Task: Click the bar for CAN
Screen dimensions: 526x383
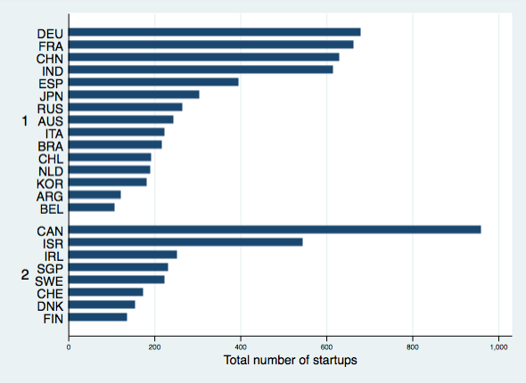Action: pyautogui.click(x=275, y=230)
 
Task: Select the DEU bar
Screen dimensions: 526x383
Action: pyautogui.click(x=215, y=32)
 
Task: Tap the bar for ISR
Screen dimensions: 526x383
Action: pyautogui.click(x=185, y=242)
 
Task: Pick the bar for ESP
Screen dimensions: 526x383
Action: pyautogui.click(x=153, y=82)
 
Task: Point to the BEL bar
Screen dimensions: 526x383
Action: pyautogui.click(x=92, y=208)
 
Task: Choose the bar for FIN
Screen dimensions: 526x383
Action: pyautogui.click(x=98, y=317)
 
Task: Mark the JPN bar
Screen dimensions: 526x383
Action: pyautogui.click(x=134, y=94)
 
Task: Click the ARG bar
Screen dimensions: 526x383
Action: pyautogui.click(x=95, y=195)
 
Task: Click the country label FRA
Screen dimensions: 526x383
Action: pyautogui.click(x=51, y=46)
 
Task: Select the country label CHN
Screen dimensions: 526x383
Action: pyautogui.click(x=50, y=59)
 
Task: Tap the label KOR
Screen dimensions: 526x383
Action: pyautogui.click(x=50, y=184)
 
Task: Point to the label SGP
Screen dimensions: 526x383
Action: pyautogui.click(x=50, y=269)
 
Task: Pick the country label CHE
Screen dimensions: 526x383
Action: pyautogui.click(x=50, y=294)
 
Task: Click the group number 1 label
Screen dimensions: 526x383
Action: pyautogui.click(x=25, y=121)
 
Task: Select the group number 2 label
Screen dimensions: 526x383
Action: pyautogui.click(x=25, y=275)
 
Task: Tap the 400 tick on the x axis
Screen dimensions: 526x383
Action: pyautogui.click(x=241, y=347)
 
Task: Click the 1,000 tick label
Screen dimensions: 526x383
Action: pyautogui.click(x=499, y=347)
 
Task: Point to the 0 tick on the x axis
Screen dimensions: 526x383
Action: pyautogui.click(x=69, y=347)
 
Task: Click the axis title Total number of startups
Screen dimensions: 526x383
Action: pyautogui.click(x=290, y=361)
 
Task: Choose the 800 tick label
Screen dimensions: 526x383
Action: pyautogui.click(x=413, y=347)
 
